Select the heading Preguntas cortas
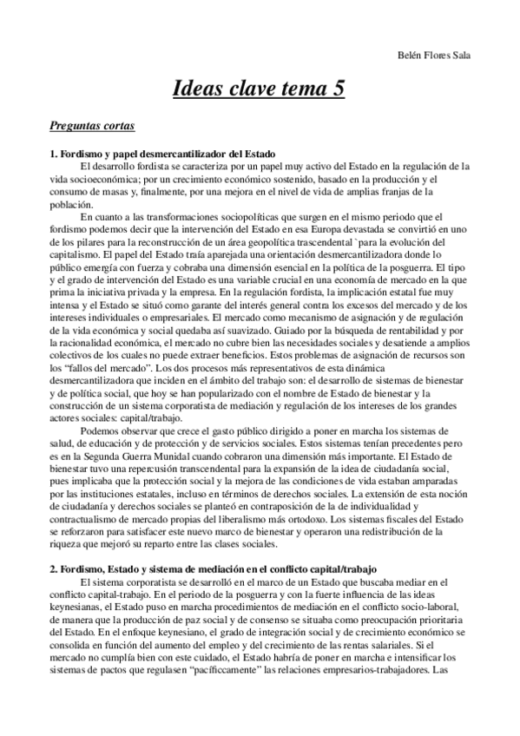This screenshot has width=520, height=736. tap(92, 127)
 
